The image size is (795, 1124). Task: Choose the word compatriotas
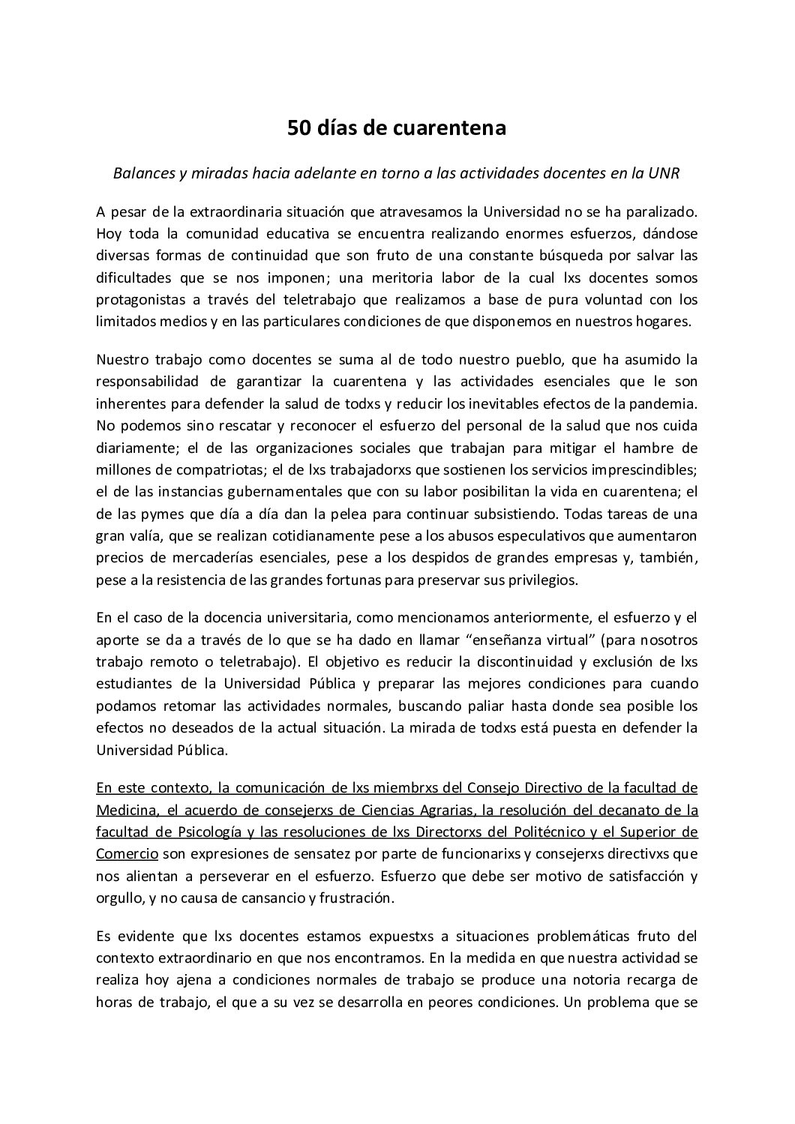point(201,470)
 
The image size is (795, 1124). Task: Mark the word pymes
point(169,514)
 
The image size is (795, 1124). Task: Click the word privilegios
point(541,580)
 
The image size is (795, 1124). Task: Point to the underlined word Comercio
point(127,853)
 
